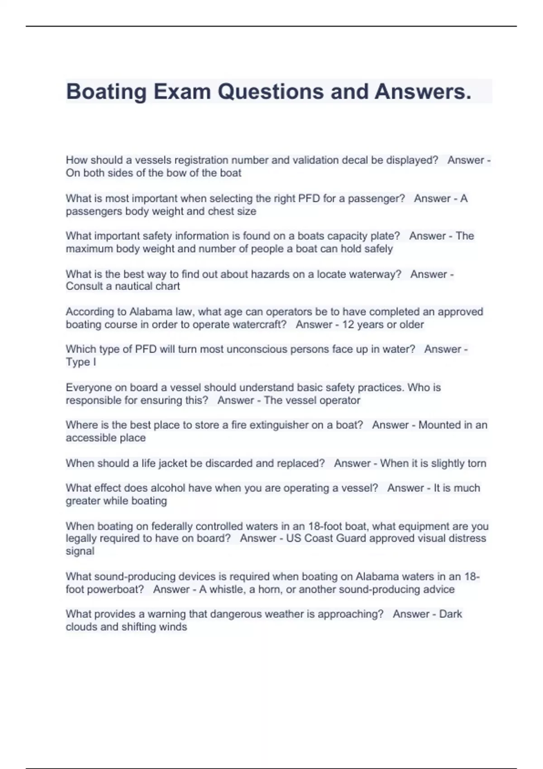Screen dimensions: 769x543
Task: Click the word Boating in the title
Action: pos(106,91)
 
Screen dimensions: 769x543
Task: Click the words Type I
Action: pos(81,362)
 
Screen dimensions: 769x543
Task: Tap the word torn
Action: pos(477,463)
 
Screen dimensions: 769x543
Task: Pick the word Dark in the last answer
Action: pos(451,614)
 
